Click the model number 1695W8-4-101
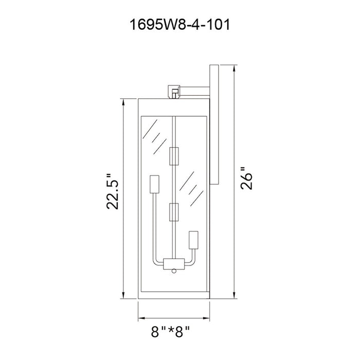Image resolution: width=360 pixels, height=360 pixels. pyautogui.click(x=180, y=25)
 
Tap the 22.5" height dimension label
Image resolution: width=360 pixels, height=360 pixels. pyautogui.click(x=113, y=191)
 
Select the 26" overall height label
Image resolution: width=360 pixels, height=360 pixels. pyautogui.click(x=246, y=178)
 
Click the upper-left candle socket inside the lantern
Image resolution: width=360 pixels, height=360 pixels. pyautogui.click(x=154, y=184)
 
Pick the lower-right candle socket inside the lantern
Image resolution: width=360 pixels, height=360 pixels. pyautogui.click(x=193, y=240)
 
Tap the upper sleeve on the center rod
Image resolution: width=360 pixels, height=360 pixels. pyautogui.click(x=174, y=156)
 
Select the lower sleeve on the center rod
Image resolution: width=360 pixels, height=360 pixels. pyautogui.click(x=174, y=212)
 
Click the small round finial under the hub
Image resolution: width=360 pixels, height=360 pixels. pyautogui.click(x=174, y=271)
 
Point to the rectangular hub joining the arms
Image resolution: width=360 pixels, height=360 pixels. pyautogui.click(x=174, y=264)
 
